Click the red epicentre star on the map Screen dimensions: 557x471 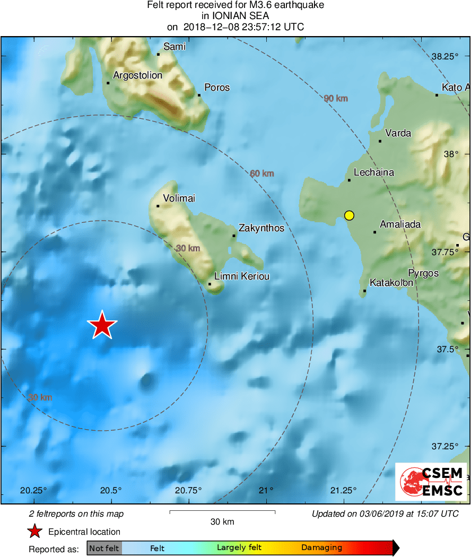102,325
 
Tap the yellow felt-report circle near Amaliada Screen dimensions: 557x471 348,215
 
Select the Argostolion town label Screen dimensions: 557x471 137,75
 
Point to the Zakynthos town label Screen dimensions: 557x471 261,228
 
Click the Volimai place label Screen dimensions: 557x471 179,198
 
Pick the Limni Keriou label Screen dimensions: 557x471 241,276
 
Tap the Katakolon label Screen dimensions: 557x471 391,283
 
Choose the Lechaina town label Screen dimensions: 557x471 374,172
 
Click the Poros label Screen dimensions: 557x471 217,87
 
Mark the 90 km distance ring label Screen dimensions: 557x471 335,98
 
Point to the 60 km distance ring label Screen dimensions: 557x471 261,173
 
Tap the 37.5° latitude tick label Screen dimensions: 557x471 447,349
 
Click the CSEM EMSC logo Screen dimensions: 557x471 431,482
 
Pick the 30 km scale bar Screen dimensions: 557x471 222,512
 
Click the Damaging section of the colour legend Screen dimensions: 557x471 322,547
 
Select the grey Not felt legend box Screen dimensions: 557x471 104,547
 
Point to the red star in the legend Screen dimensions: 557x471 35,531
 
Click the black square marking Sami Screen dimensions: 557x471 158,54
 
